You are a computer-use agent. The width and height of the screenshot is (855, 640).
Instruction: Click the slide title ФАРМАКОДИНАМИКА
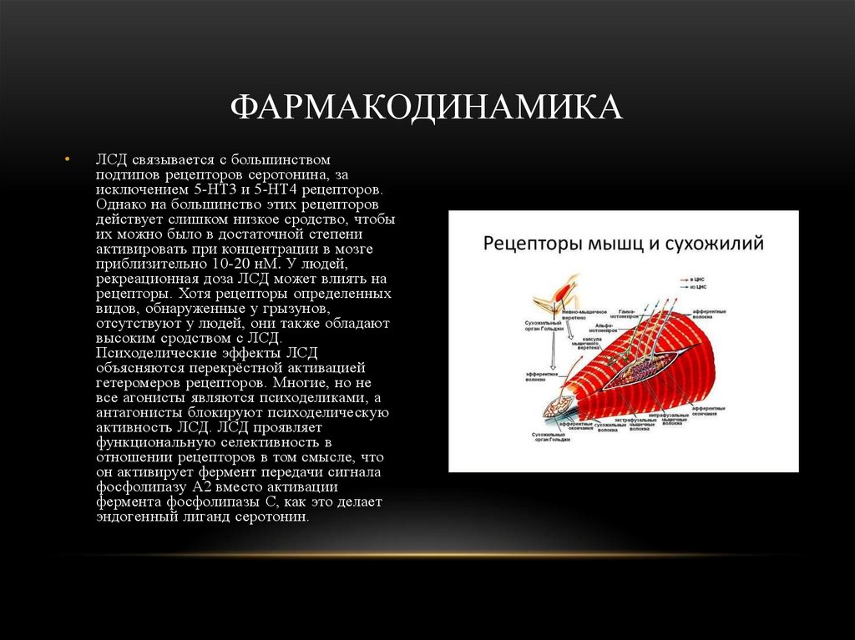[427, 107]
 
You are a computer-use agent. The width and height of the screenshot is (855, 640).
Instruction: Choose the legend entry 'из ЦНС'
[698, 286]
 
